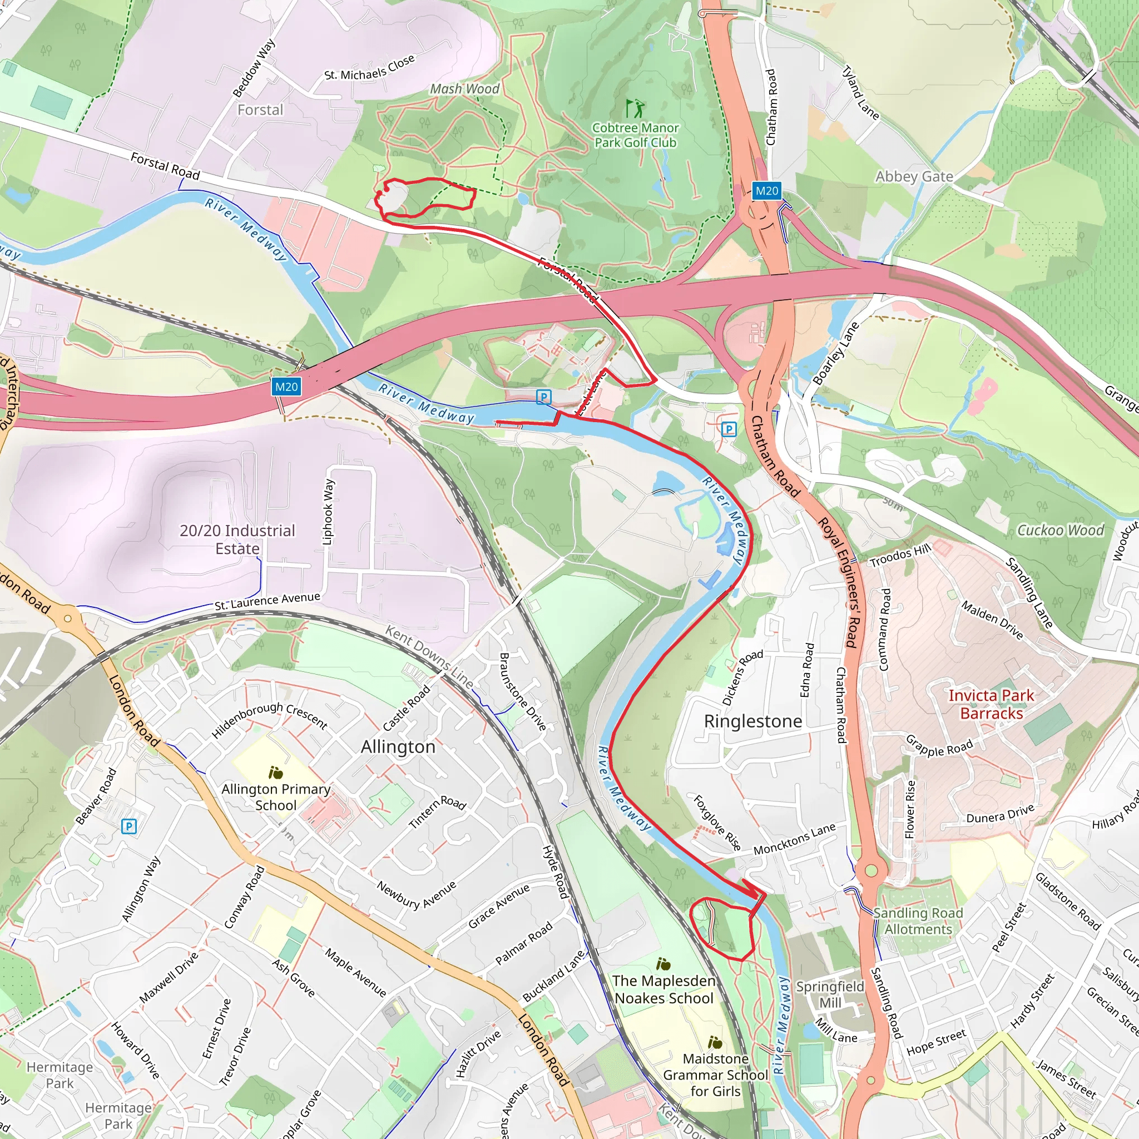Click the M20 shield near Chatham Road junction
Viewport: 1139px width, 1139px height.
click(x=766, y=190)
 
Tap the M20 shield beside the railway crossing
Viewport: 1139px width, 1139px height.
click(x=286, y=387)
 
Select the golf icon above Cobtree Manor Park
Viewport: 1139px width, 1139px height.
click(x=635, y=108)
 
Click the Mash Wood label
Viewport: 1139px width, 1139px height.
click(x=464, y=89)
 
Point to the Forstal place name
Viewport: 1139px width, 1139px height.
click(x=260, y=110)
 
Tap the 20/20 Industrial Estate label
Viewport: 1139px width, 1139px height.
click(x=237, y=539)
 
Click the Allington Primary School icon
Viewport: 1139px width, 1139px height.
click(x=275, y=772)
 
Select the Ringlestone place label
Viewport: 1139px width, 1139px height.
click(x=753, y=721)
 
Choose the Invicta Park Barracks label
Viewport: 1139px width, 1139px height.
click(x=991, y=705)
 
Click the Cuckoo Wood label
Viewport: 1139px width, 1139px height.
click(x=1061, y=531)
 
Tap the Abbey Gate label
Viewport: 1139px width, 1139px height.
click(x=914, y=177)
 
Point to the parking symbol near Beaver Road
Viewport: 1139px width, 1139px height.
click(x=128, y=826)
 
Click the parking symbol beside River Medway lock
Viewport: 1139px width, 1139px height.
click(x=543, y=397)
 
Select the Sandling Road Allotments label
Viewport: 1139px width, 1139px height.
click(x=918, y=921)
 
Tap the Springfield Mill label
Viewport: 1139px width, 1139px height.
click(x=830, y=994)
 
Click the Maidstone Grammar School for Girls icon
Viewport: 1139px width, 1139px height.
click(x=715, y=1042)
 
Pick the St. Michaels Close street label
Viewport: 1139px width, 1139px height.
click(x=370, y=68)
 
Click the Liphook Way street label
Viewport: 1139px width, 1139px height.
click(x=328, y=511)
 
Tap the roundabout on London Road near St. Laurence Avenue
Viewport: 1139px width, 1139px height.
click(x=68, y=618)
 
